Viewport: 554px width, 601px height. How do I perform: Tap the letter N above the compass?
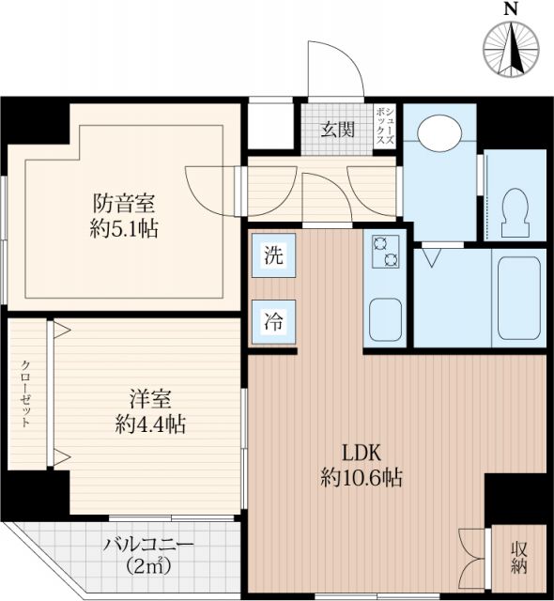coord(512,9)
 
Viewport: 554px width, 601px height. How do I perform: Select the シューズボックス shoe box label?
coord(384,124)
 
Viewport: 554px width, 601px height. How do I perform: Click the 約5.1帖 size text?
coord(123,229)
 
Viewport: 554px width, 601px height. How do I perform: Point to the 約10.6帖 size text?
coord(361,478)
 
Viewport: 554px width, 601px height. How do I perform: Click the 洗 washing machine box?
coord(272,254)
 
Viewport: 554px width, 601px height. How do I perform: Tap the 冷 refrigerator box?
coord(272,318)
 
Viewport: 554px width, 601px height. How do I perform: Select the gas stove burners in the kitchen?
coord(385,252)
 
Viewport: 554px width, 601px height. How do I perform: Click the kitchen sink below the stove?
coord(386,319)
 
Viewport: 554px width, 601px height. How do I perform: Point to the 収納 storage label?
coord(518,558)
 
